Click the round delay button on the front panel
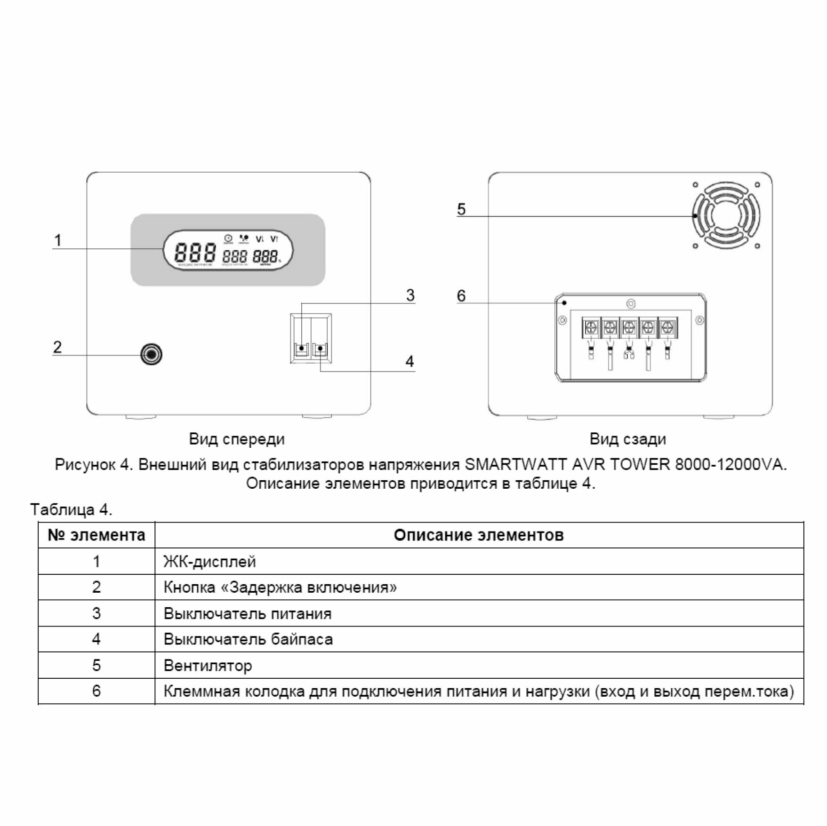[152, 354]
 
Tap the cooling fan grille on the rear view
[725, 216]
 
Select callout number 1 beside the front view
[57, 240]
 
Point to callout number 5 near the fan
[461, 209]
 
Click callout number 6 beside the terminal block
[461, 296]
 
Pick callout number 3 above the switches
[410, 295]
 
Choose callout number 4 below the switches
[410, 361]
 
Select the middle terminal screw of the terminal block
[629, 326]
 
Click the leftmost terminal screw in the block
[592, 326]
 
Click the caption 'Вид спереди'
[237, 439]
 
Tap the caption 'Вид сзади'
[627, 439]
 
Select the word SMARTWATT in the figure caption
[515, 465]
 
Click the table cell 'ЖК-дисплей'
[209, 562]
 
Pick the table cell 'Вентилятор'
[208, 666]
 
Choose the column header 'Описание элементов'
[478, 535]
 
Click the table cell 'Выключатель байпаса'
[248, 639]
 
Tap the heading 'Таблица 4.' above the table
[72, 509]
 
